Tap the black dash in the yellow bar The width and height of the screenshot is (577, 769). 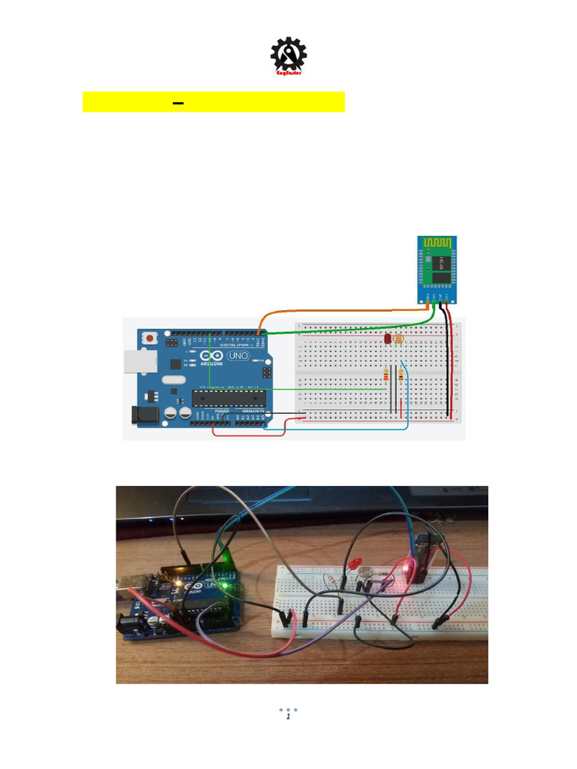178,102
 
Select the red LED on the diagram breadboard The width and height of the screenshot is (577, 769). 388,339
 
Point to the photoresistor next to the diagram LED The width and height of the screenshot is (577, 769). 399,339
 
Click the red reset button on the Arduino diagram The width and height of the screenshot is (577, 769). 150,339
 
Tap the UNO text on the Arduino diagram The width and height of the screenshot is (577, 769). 238,355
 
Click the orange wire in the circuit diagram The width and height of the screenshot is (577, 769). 331,309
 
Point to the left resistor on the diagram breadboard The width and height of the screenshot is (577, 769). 387,375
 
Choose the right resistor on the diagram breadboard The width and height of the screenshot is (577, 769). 400,375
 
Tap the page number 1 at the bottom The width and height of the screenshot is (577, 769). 288,717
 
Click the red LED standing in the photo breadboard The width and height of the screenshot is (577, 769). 352,564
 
